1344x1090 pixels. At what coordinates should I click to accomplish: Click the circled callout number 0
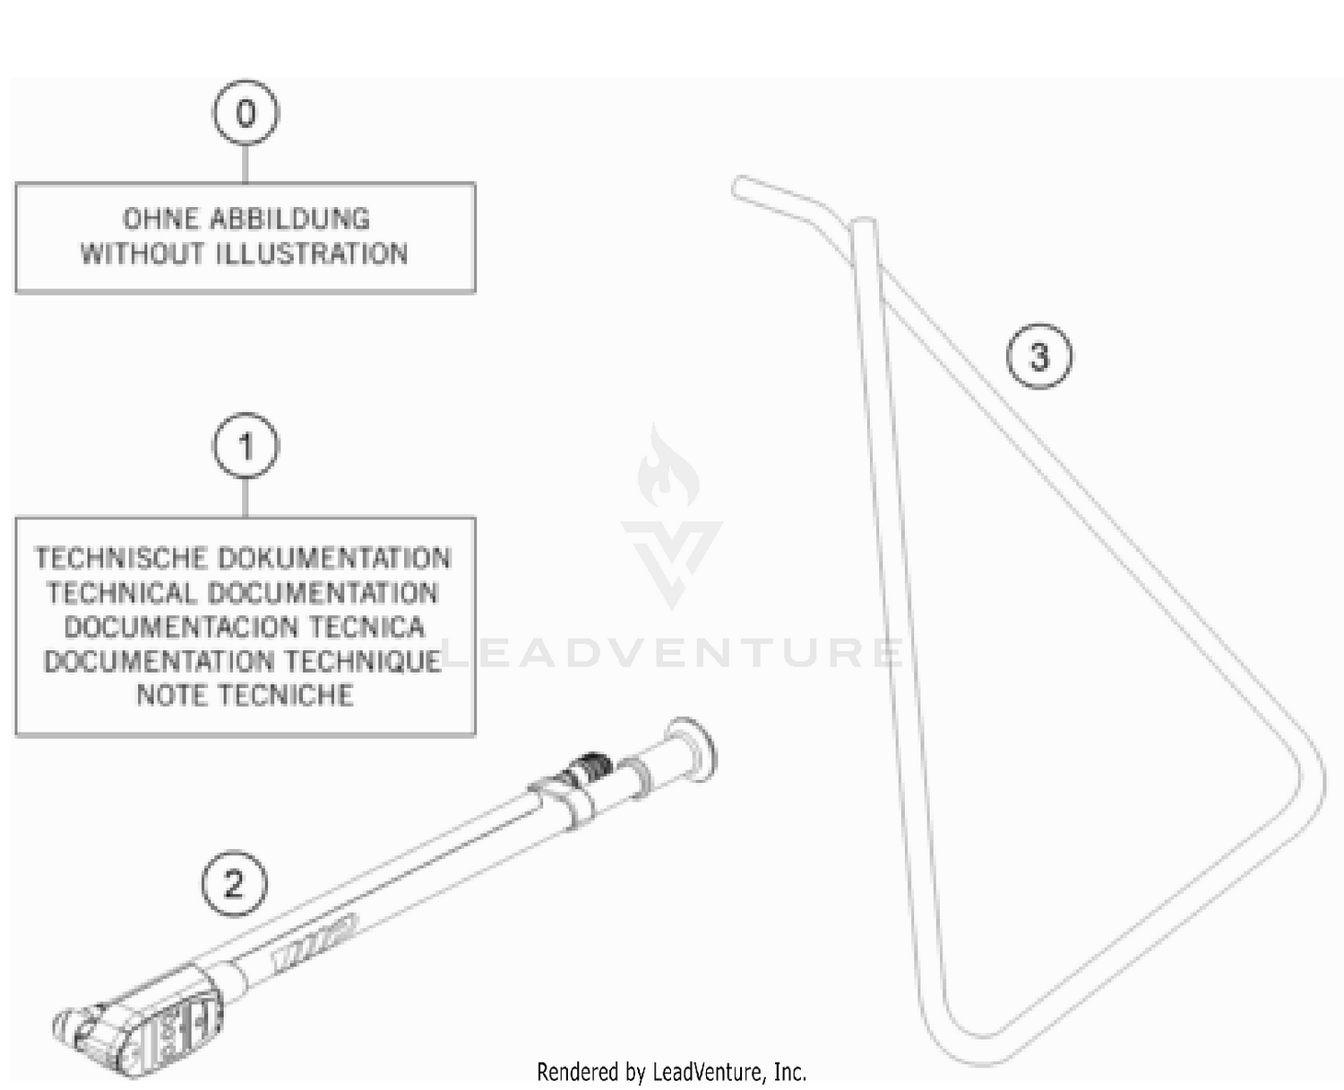point(246,113)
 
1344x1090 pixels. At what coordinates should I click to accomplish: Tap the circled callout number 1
point(246,446)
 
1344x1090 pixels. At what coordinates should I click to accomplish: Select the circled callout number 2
point(234,884)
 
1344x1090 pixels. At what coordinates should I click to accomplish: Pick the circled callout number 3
point(1038,356)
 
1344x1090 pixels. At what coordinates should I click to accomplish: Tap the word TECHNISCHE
point(121,558)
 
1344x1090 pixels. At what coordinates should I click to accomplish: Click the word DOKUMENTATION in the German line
point(335,558)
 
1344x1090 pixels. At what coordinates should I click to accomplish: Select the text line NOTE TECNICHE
point(245,695)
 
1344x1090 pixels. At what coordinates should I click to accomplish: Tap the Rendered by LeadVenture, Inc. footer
point(671,1071)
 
